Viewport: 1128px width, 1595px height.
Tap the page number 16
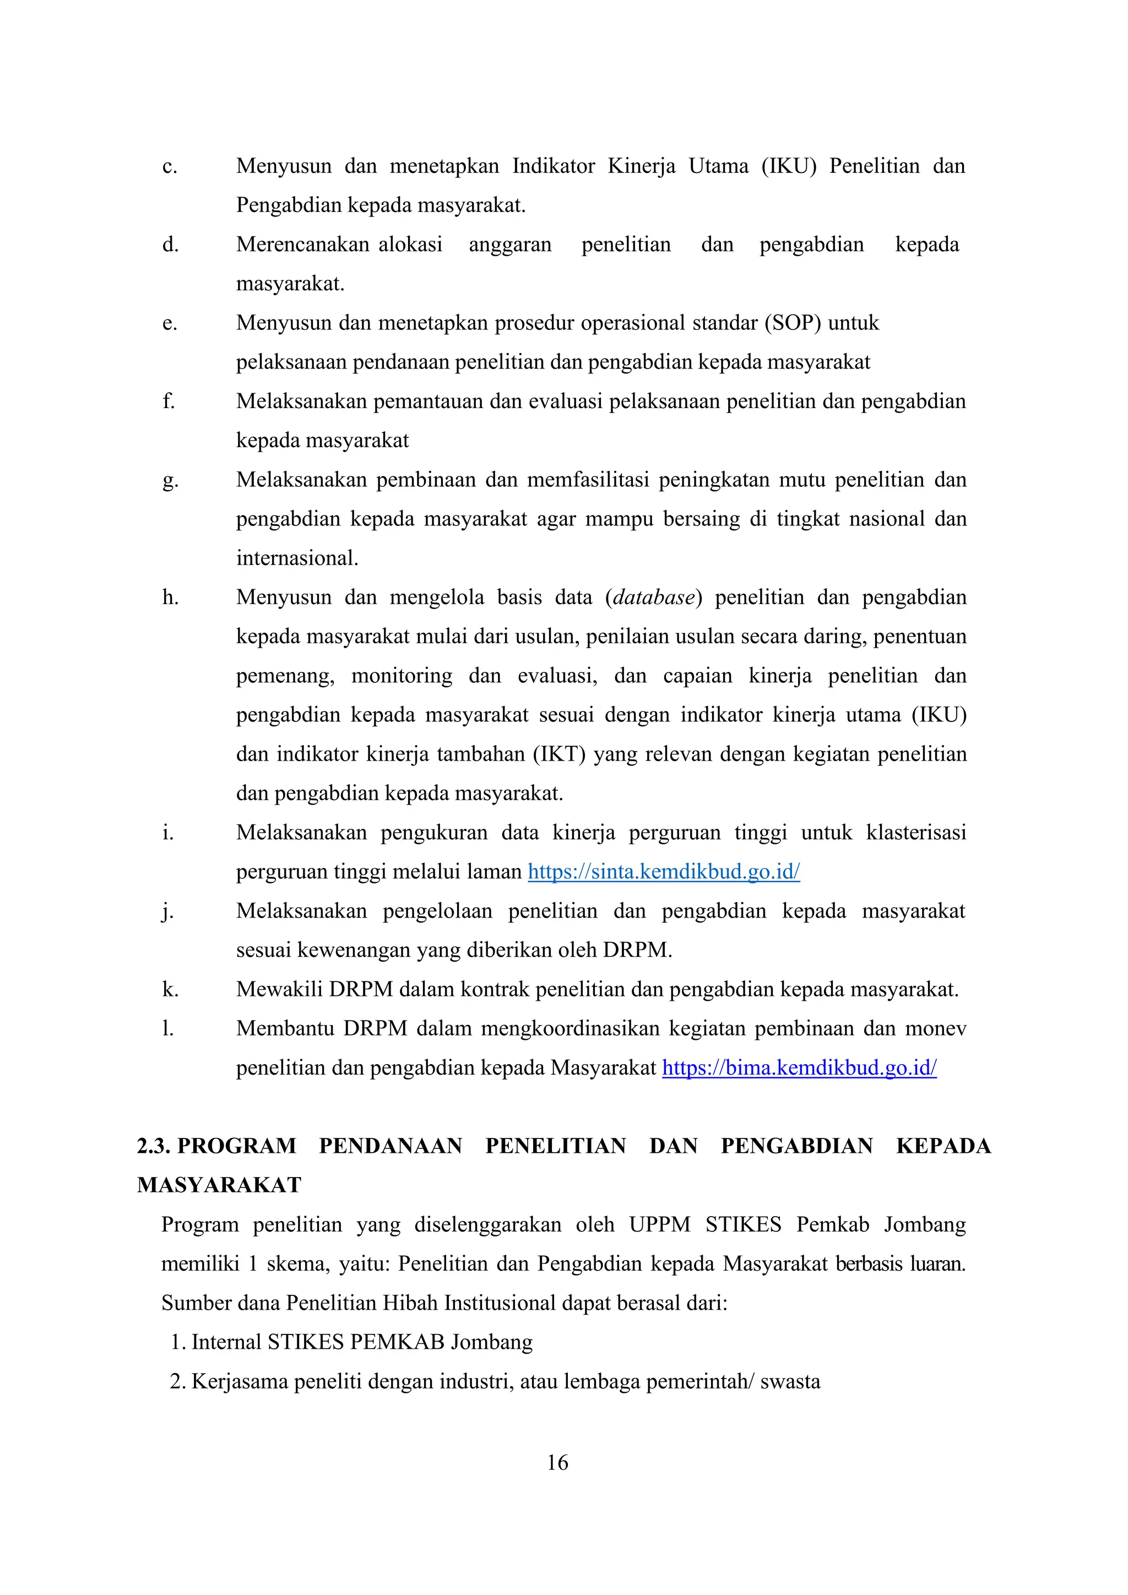[x=557, y=1462]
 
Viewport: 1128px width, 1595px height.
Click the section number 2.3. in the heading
[x=154, y=1146]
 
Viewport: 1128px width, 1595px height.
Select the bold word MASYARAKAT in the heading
[x=219, y=1185]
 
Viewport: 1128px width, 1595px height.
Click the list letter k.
[x=170, y=989]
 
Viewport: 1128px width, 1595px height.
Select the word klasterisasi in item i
[x=915, y=832]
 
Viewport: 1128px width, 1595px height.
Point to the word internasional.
[x=296, y=558]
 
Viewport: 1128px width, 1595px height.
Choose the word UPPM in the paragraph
[x=659, y=1224]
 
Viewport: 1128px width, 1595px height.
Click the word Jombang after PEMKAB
[x=491, y=1342]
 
